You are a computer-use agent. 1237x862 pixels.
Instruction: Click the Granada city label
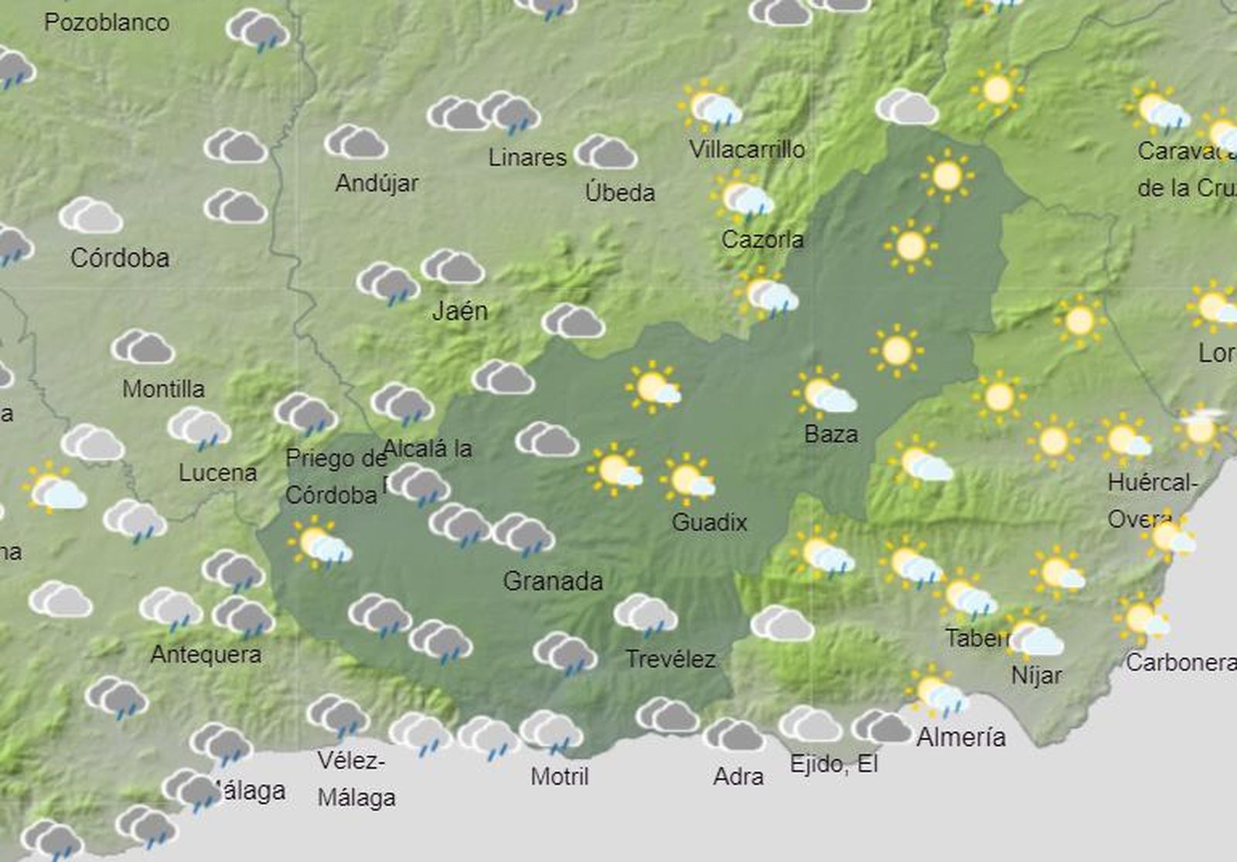point(553,581)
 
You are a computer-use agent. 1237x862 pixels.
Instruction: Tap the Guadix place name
point(709,523)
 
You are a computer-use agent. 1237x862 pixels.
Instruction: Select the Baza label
point(831,434)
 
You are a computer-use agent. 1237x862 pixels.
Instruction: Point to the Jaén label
point(460,311)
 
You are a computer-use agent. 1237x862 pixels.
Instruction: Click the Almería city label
point(961,738)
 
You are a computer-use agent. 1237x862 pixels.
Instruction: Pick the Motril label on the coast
point(560,776)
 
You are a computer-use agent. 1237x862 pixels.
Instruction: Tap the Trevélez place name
point(670,659)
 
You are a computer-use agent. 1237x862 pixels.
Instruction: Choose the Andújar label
point(377,183)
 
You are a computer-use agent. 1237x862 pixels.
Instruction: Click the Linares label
point(527,158)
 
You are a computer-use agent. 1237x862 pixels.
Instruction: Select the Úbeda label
point(620,193)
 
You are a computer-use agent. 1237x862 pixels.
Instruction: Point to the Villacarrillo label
point(747,149)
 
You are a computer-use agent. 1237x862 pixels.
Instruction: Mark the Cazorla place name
point(762,240)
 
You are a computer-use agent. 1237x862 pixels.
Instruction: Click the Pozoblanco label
point(107,22)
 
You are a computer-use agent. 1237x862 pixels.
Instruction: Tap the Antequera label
point(206,655)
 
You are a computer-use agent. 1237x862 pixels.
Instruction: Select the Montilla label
point(163,388)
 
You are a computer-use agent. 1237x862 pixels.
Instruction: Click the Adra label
point(738,776)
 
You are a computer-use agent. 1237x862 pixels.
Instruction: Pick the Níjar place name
point(1037,676)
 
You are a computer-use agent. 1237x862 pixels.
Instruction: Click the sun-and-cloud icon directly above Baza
point(824,393)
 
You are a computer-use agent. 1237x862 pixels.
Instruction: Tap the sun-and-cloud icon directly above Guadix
point(687,479)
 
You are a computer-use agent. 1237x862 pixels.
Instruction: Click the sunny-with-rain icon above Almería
point(937,693)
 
